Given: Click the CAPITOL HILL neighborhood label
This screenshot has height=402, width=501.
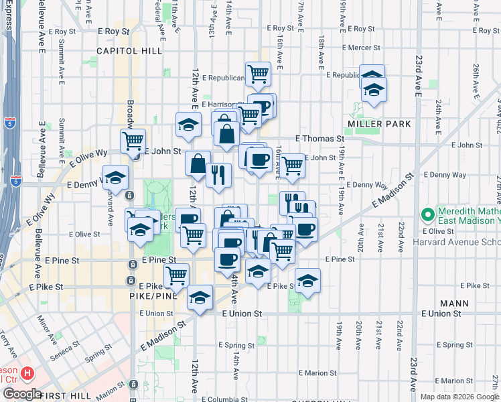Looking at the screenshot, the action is [x=126, y=51].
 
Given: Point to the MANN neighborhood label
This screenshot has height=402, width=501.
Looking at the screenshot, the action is [x=455, y=303].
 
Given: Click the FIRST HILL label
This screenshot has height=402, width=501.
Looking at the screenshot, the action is [x=70, y=396].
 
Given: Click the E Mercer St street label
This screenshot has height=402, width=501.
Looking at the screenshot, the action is [x=361, y=48].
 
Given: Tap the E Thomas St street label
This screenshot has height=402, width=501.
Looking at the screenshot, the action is [x=319, y=138].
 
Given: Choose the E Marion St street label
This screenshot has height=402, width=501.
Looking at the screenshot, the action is [x=317, y=373].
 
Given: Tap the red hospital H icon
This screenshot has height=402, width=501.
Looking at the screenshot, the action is [x=27, y=373].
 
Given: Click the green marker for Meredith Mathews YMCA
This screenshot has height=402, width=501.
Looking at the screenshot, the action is [x=427, y=215].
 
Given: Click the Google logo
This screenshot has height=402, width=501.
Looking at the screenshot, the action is [x=21, y=394].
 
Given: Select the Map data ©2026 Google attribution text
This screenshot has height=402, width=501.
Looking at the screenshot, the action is [x=459, y=397].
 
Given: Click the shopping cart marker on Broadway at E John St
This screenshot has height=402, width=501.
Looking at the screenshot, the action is [x=133, y=141].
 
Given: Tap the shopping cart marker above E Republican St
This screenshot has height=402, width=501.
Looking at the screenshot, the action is [x=258, y=74].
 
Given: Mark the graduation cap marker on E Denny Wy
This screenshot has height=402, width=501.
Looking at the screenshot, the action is [x=116, y=178].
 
